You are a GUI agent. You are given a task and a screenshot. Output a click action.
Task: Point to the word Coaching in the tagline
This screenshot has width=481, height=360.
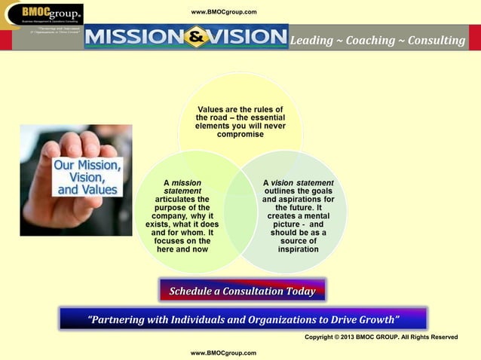[369, 40]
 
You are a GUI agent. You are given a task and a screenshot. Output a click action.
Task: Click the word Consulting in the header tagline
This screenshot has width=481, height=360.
[437, 40]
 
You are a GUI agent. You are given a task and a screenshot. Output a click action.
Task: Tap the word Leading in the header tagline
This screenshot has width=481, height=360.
[311, 40]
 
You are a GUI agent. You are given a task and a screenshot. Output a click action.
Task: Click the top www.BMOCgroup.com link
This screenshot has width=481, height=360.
[224, 12]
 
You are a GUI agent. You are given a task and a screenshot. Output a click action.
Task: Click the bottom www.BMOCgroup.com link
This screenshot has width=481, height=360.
[224, 352]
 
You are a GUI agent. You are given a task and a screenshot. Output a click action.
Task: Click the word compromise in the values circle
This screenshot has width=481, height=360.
[240, 135]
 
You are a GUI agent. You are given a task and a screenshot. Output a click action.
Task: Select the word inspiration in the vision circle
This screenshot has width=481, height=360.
[298, 249]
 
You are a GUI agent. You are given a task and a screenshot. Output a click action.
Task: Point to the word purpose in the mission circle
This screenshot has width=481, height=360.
[172, 207]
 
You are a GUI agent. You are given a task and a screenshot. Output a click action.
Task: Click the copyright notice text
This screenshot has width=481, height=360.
[380, 337]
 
